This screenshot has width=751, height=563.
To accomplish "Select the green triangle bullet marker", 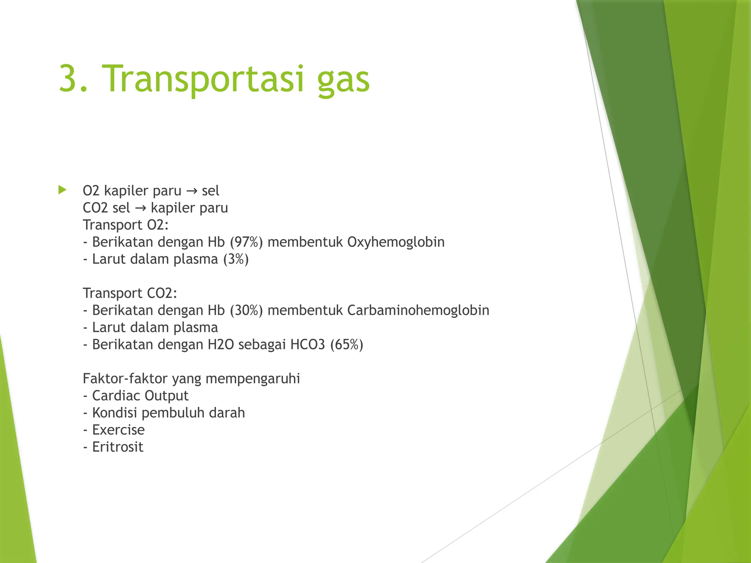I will (x=62, y=190).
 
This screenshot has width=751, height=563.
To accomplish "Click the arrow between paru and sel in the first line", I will (x=191, y=191).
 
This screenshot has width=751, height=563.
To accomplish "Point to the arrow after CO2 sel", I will (x=140, y=208).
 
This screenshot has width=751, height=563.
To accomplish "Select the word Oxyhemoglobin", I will (x=396, y=242).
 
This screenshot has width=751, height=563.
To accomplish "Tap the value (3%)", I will (x=236, y=259).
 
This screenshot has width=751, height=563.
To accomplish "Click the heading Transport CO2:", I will (x=130, y=293).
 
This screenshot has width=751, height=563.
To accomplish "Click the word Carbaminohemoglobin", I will (x=418, y=310).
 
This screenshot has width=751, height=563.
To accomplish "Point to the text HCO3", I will (x=307, y=345).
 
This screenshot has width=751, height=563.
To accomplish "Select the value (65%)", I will (x=347, y=345).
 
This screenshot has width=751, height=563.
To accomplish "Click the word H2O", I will (x=220, y=345).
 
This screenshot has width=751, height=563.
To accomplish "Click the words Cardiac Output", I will (x=140, y=396).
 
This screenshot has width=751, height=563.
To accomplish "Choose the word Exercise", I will (x=118, y=430).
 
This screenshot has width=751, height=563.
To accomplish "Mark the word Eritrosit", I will (x=117, y=447).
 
